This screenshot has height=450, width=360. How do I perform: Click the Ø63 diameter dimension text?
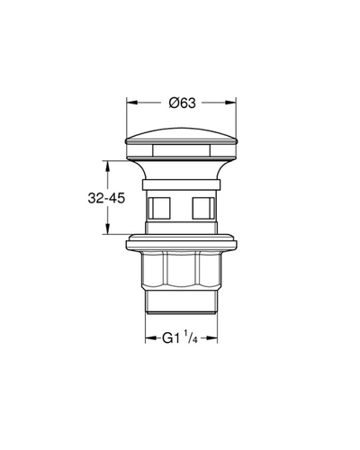(182, 103)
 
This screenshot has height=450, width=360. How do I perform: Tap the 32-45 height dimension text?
(106, 198)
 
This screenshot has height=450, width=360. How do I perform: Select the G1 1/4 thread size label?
(180, 338)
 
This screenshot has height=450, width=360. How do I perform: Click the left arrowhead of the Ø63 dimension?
(132, 103)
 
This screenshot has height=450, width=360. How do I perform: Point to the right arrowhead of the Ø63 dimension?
(230, 103)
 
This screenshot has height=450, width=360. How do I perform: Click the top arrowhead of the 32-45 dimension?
(107, 166)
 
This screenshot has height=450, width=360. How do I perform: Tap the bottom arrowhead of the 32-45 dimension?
(107, 229)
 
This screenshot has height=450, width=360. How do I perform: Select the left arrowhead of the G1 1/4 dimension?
(151, 338)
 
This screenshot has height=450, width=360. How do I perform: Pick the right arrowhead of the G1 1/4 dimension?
(212, 338)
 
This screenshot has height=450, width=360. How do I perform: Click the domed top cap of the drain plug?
(181, 136)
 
